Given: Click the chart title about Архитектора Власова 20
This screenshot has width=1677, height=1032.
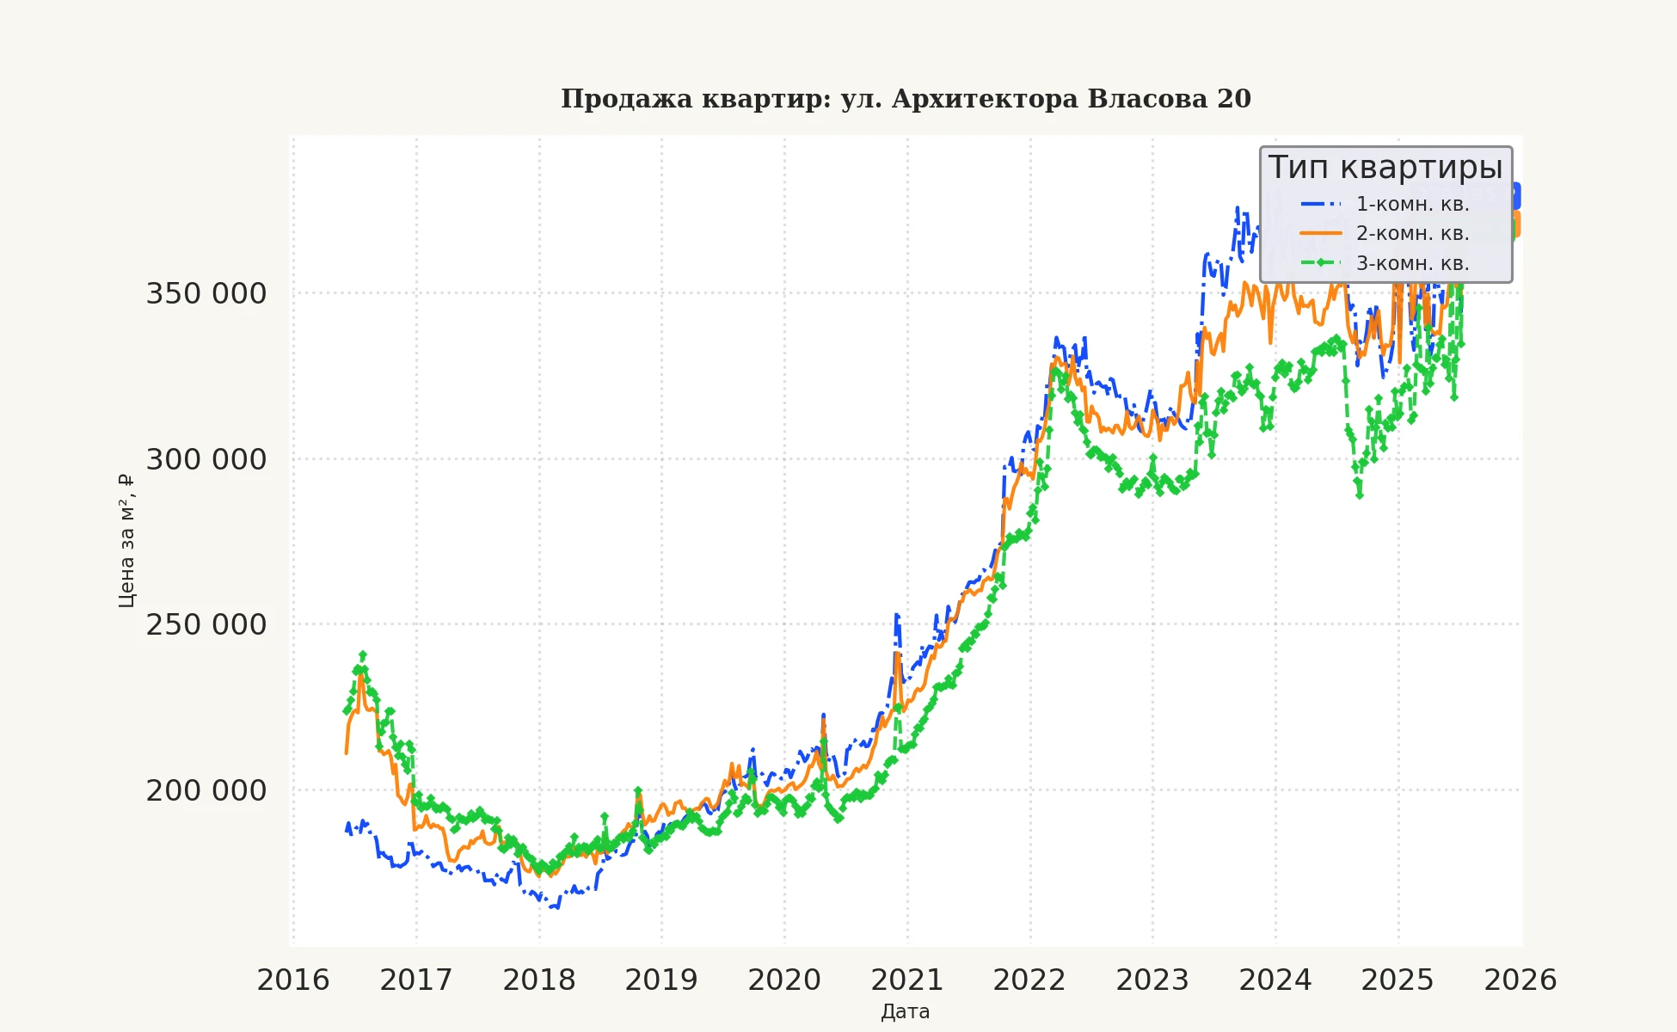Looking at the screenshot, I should (906, 99).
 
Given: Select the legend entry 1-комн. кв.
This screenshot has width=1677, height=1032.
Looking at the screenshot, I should (1412, 204).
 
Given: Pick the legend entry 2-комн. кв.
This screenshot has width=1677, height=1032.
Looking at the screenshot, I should (1412, 233).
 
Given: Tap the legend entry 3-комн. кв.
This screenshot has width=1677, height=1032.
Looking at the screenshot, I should (1412, 263).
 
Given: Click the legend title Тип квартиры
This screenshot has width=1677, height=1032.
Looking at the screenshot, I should (1385, 167).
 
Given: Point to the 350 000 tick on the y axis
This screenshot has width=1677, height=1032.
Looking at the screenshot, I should (206, 294).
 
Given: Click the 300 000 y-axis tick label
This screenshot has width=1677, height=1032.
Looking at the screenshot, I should (206, 459).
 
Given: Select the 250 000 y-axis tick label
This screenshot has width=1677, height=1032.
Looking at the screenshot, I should (206, 625).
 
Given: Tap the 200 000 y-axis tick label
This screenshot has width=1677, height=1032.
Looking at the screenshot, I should (206, 790).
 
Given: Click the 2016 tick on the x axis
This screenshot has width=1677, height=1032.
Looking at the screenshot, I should (293, 980).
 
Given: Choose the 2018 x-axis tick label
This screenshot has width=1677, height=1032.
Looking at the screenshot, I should (539, 980).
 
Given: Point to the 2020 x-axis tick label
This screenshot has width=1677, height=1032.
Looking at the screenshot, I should (784, 980).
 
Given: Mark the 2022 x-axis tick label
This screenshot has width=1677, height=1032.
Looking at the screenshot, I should (1029, 980).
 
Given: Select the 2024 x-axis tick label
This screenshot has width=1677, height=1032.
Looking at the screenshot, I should (1275, 980).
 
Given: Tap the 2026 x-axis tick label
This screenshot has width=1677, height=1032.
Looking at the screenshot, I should (1520, 980).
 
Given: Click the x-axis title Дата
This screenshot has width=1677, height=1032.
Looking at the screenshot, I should (906, 1012).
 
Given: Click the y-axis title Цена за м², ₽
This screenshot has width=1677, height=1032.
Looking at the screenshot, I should (126, 540).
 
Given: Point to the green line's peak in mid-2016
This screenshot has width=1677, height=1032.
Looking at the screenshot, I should (363, 655).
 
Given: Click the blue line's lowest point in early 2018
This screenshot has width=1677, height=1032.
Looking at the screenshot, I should (555, 906).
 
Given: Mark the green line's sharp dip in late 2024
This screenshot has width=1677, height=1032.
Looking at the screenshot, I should (1359, 494).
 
